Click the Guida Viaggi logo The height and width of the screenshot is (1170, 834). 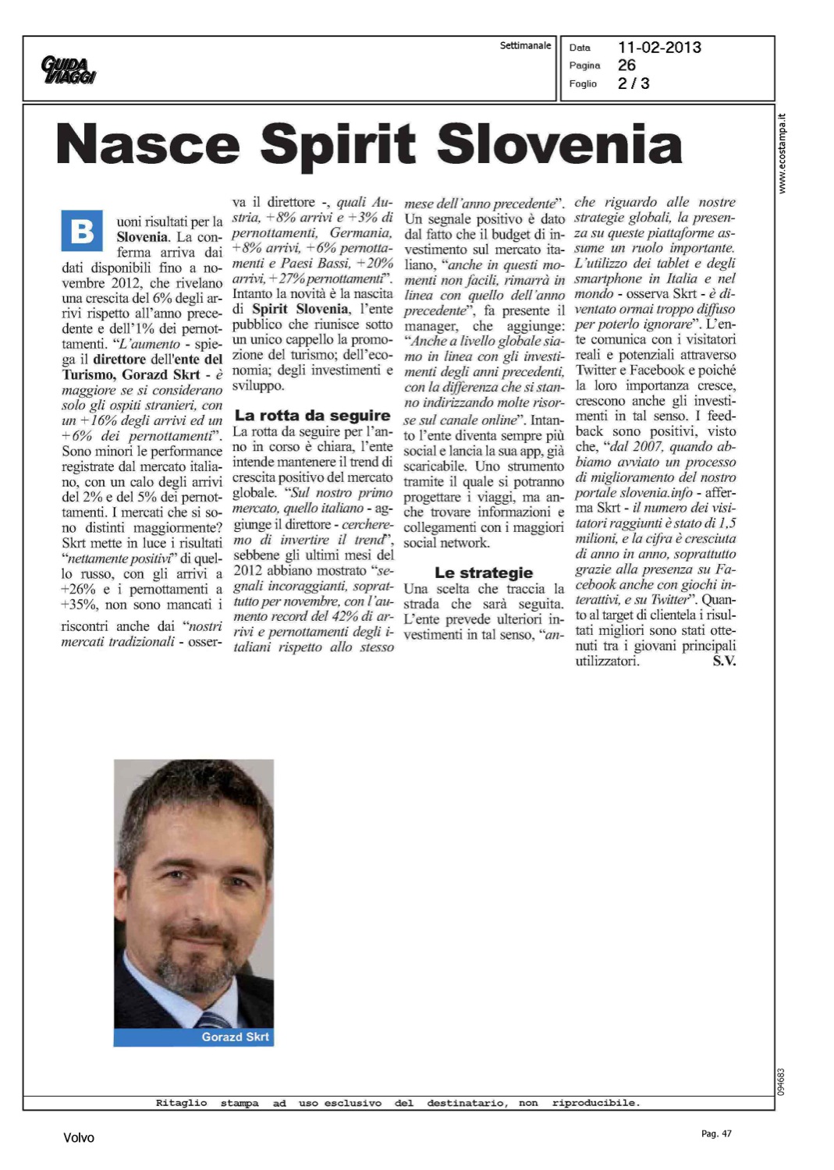pyautogui.click(x=69, y=69)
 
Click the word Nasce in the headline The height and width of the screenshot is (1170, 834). pyautogui.click(x=147, y=144)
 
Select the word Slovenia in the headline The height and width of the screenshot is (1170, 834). pyautogui.click(x=559, y=144)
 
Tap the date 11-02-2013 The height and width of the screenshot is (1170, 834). pyautogui.click(x=659, y=48)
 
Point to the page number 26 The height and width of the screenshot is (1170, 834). pyautogui.click(x=626, y=66)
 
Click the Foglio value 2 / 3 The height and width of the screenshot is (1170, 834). pyautogui.click(x=633, y=83)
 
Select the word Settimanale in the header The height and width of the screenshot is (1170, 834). pyautogui.click(x=525, y=45)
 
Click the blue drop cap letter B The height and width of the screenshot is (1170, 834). pyautogui.click(x=82, y=231)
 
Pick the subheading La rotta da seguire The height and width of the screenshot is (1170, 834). pyautogui.click(x=312, y=416)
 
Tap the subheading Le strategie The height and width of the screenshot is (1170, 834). pyautogui.click(x=484, y=573)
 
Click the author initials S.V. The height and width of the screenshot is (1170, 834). pyautogui.click(x=724, y=661)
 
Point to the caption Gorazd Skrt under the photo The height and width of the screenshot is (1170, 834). pyautogui.click(x=235, y=1037)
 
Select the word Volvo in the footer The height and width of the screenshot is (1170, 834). pyautogui.click(x=79, y=1137)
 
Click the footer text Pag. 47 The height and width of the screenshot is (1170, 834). pyautogui.click(x=716, y=1133)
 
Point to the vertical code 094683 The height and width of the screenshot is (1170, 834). pyautogui.click(x=782, y=1081)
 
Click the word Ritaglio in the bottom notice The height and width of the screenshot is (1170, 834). pyautogui.click(x=181, y=1103)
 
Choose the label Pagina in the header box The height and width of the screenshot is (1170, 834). pyautogui.click(x=584, y=66)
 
